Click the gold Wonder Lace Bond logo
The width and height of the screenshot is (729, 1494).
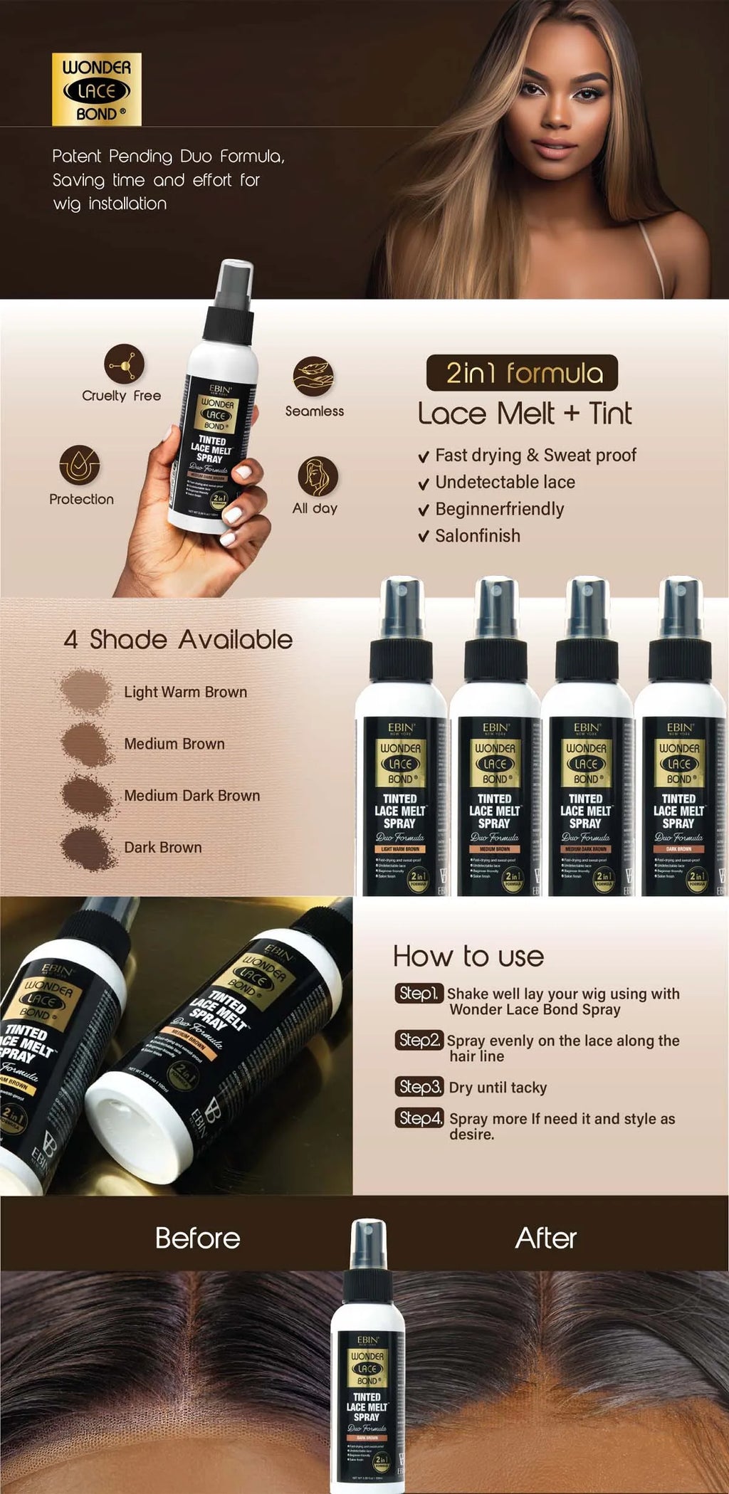(x=97, y=90)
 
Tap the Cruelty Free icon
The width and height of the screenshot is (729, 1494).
(x=124, y=364)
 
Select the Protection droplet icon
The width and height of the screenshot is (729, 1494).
(x=80, y=465)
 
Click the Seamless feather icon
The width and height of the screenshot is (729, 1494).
(x=313, y=377)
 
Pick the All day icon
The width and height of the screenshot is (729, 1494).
(x=317, y=476)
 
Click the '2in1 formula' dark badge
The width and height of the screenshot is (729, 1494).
(x=522, y=373)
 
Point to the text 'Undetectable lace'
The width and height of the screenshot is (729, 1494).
(x=505, y=482)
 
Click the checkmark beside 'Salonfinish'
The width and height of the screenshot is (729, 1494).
(x=424, y=537)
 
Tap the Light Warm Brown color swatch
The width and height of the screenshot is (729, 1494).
(x=85, y=690)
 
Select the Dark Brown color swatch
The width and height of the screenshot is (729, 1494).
(x=87, y=848)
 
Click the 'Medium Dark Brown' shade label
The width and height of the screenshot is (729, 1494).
(x=192, y=796)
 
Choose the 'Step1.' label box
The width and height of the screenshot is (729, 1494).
(x=419, y=993)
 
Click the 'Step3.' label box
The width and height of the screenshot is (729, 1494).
(x=420, y=1087)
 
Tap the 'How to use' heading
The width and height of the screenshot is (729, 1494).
(x=468, y=957)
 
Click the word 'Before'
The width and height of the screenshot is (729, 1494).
(x=197, y=1238)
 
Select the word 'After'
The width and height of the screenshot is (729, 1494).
(x=545, y=1238)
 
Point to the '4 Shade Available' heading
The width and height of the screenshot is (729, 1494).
(x=178, y=639)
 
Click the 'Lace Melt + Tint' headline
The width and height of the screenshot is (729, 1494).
(x=524, y=414)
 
